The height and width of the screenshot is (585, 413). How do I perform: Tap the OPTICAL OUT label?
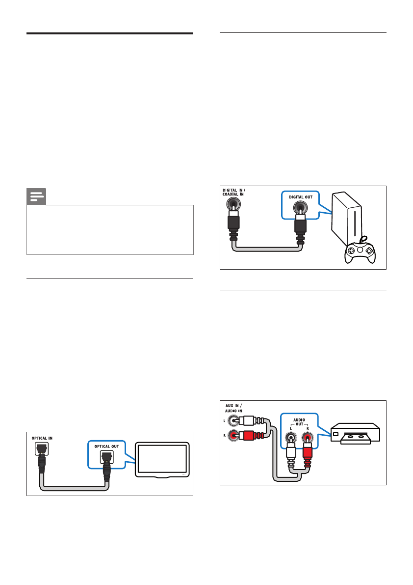[106, 446]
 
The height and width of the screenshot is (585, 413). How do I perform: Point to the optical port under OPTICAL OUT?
[106, 457]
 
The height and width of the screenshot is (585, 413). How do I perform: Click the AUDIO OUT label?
[299, 423]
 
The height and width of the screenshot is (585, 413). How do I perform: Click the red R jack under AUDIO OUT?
[308, 437]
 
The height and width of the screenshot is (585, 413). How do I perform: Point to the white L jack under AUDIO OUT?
[291, 437]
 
